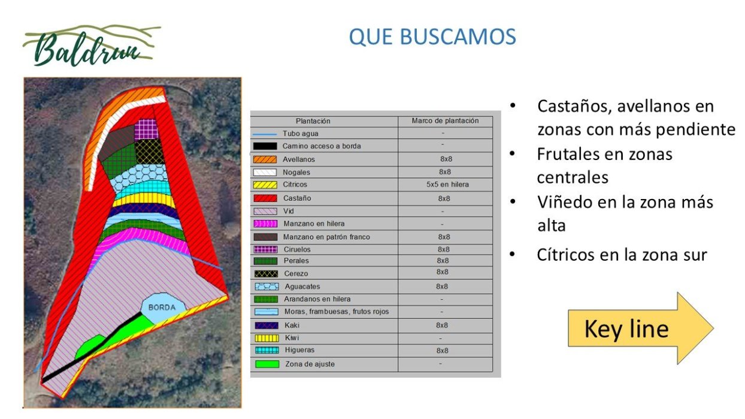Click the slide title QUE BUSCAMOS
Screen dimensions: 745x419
432,37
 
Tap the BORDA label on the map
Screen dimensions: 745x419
162,307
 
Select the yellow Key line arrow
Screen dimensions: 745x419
641,328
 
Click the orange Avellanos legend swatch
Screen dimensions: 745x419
265,159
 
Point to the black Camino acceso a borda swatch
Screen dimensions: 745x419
265,146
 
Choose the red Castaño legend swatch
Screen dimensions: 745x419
265,198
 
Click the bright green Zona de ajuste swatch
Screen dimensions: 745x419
266,364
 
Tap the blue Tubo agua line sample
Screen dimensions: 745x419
265,134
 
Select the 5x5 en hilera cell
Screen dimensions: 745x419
447,185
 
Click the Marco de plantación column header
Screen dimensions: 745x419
445,121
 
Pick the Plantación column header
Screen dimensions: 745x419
313,121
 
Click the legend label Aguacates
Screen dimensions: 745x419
302,287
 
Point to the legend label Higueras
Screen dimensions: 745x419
299,350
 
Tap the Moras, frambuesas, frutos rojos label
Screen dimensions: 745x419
336,312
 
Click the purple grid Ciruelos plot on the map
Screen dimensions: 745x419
146,128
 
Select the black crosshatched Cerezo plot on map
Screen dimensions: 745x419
150,152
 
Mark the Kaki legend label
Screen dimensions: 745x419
292,325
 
